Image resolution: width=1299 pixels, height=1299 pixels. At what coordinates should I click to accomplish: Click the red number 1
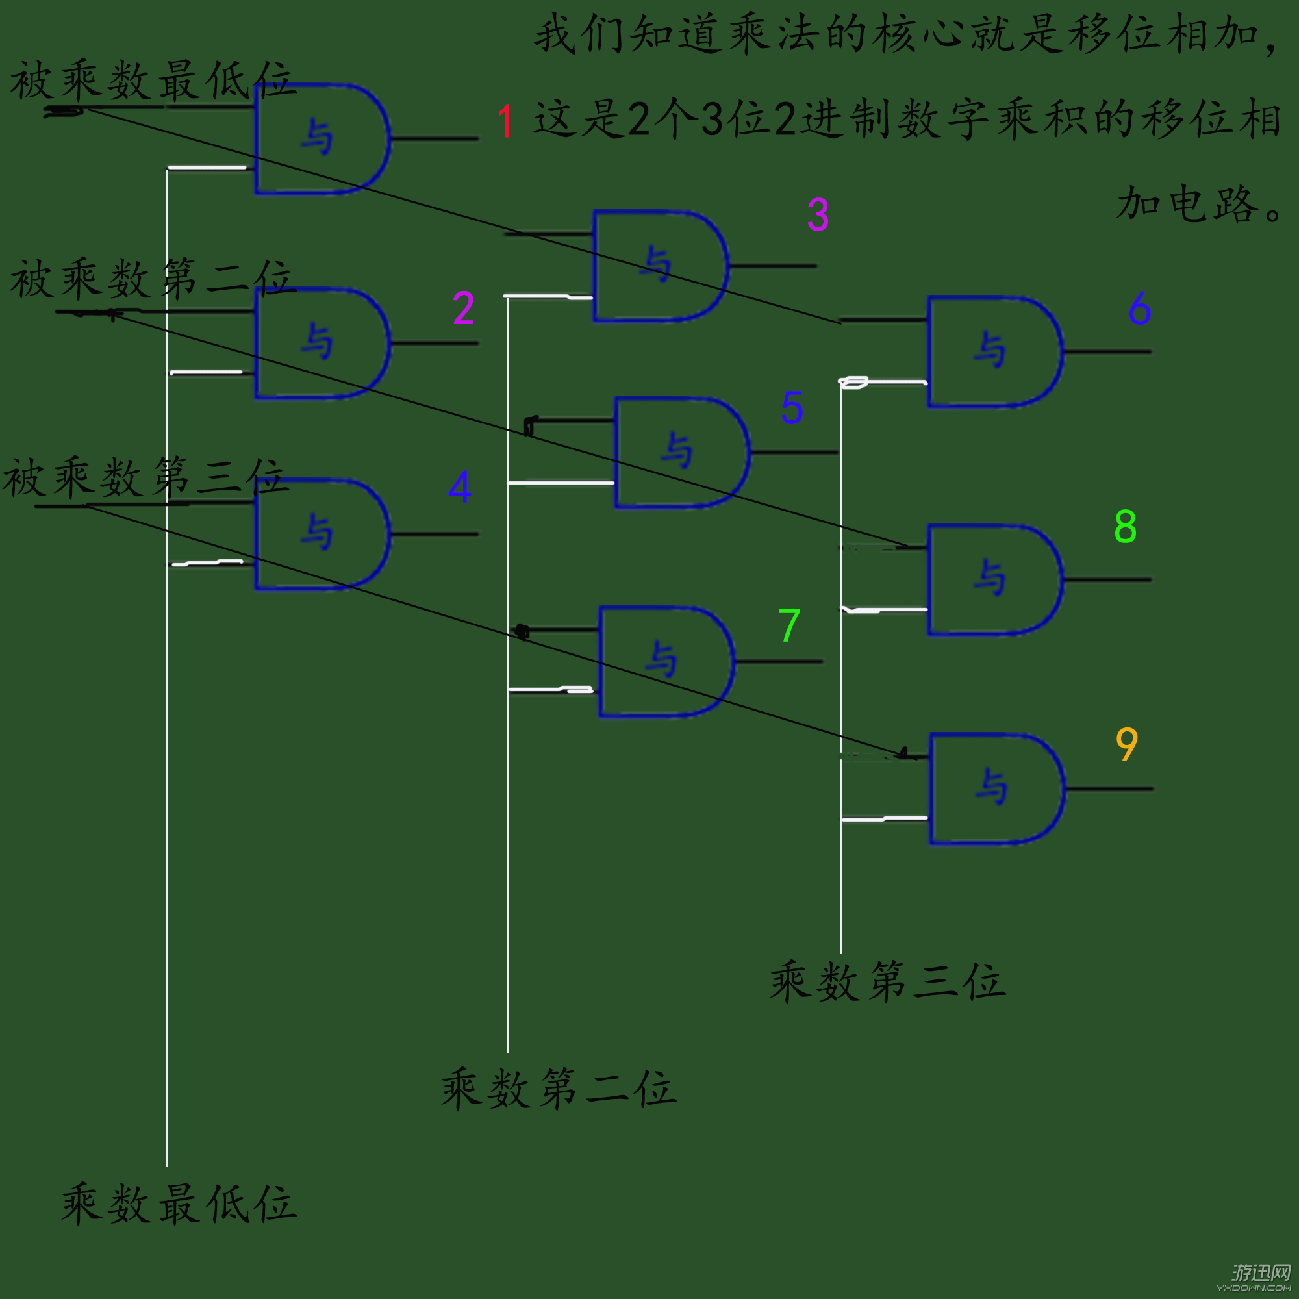[x=505, y=121]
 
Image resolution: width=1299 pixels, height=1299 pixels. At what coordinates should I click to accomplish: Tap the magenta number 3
[x=818, y=214]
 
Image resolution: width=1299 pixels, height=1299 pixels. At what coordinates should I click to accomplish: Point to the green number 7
[x=788, y=625]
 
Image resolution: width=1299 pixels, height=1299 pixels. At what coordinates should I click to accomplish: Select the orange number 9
[x=1126, y=744]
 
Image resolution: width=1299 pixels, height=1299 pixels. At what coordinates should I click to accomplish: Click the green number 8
[x=1125, y=527]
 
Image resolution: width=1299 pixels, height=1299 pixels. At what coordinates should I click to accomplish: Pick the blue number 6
[x=1140, y=309]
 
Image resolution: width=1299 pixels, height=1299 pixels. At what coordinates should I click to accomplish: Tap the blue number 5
[x=792, y=407]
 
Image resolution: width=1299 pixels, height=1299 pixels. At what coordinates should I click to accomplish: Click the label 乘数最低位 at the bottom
[x=178, y=1204]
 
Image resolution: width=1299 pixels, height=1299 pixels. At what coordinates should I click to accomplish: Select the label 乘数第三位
[x=887, y=981]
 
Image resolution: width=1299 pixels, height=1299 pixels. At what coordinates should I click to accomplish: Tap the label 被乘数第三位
[x=145, y=477]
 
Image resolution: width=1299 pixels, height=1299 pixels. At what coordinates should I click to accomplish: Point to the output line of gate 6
[x=1107, y=351]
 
